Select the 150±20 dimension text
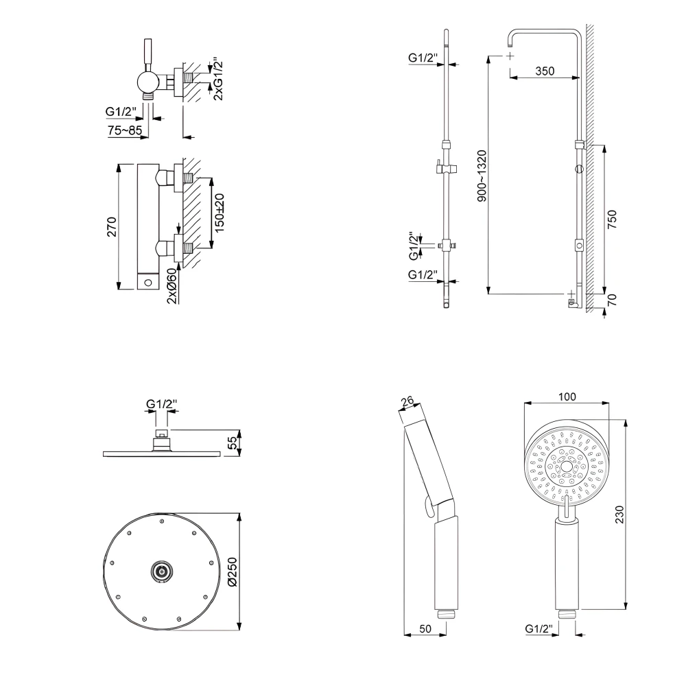click(x=220, y=213)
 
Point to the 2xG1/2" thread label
click(x=218, y=79)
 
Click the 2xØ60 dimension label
click(x=171, y=285)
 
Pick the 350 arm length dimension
click(x=545, y=71)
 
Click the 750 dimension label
click(x=613, y=218)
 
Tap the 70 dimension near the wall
click(x=613, y=300)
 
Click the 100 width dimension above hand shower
click(x=567, y=396)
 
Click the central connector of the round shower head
click(x=161, y=571)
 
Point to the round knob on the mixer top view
click(x=146, y=82)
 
